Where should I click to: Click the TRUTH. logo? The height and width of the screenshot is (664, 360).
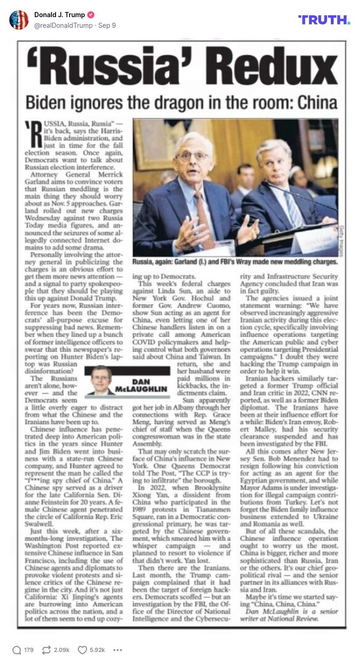point(324,19)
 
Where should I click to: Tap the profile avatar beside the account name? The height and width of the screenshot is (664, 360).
point(19,20)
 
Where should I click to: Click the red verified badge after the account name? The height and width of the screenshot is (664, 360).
point(91,15)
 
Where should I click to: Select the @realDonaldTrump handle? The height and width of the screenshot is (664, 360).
point(63,25)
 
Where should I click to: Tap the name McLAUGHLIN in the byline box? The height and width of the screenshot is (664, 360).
point(142,389)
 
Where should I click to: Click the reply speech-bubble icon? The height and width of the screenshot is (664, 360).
point(17,650)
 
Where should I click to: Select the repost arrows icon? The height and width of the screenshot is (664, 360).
point(46,650)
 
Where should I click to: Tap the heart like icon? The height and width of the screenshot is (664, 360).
point(82,650)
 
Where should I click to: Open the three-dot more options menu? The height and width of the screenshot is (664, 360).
point(118,650)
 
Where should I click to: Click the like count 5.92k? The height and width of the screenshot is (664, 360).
point(97,650)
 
